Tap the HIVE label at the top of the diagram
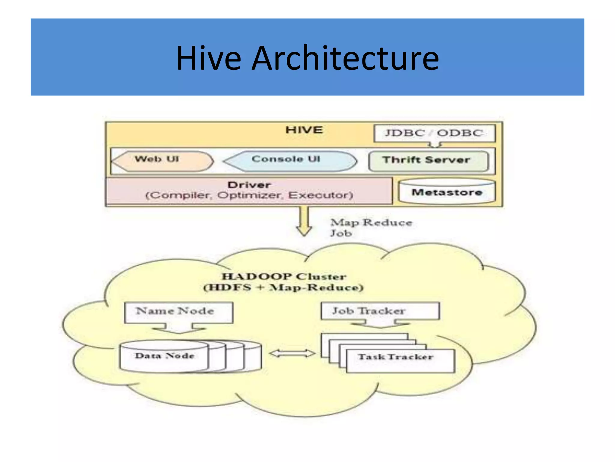304,130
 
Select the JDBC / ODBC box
434,133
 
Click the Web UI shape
162,161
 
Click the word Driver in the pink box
249,185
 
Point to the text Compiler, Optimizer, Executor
249,196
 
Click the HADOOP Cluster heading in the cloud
283,276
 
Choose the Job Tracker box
380,311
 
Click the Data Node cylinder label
165,356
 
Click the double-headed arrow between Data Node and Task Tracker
292,353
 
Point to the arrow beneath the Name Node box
179,328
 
